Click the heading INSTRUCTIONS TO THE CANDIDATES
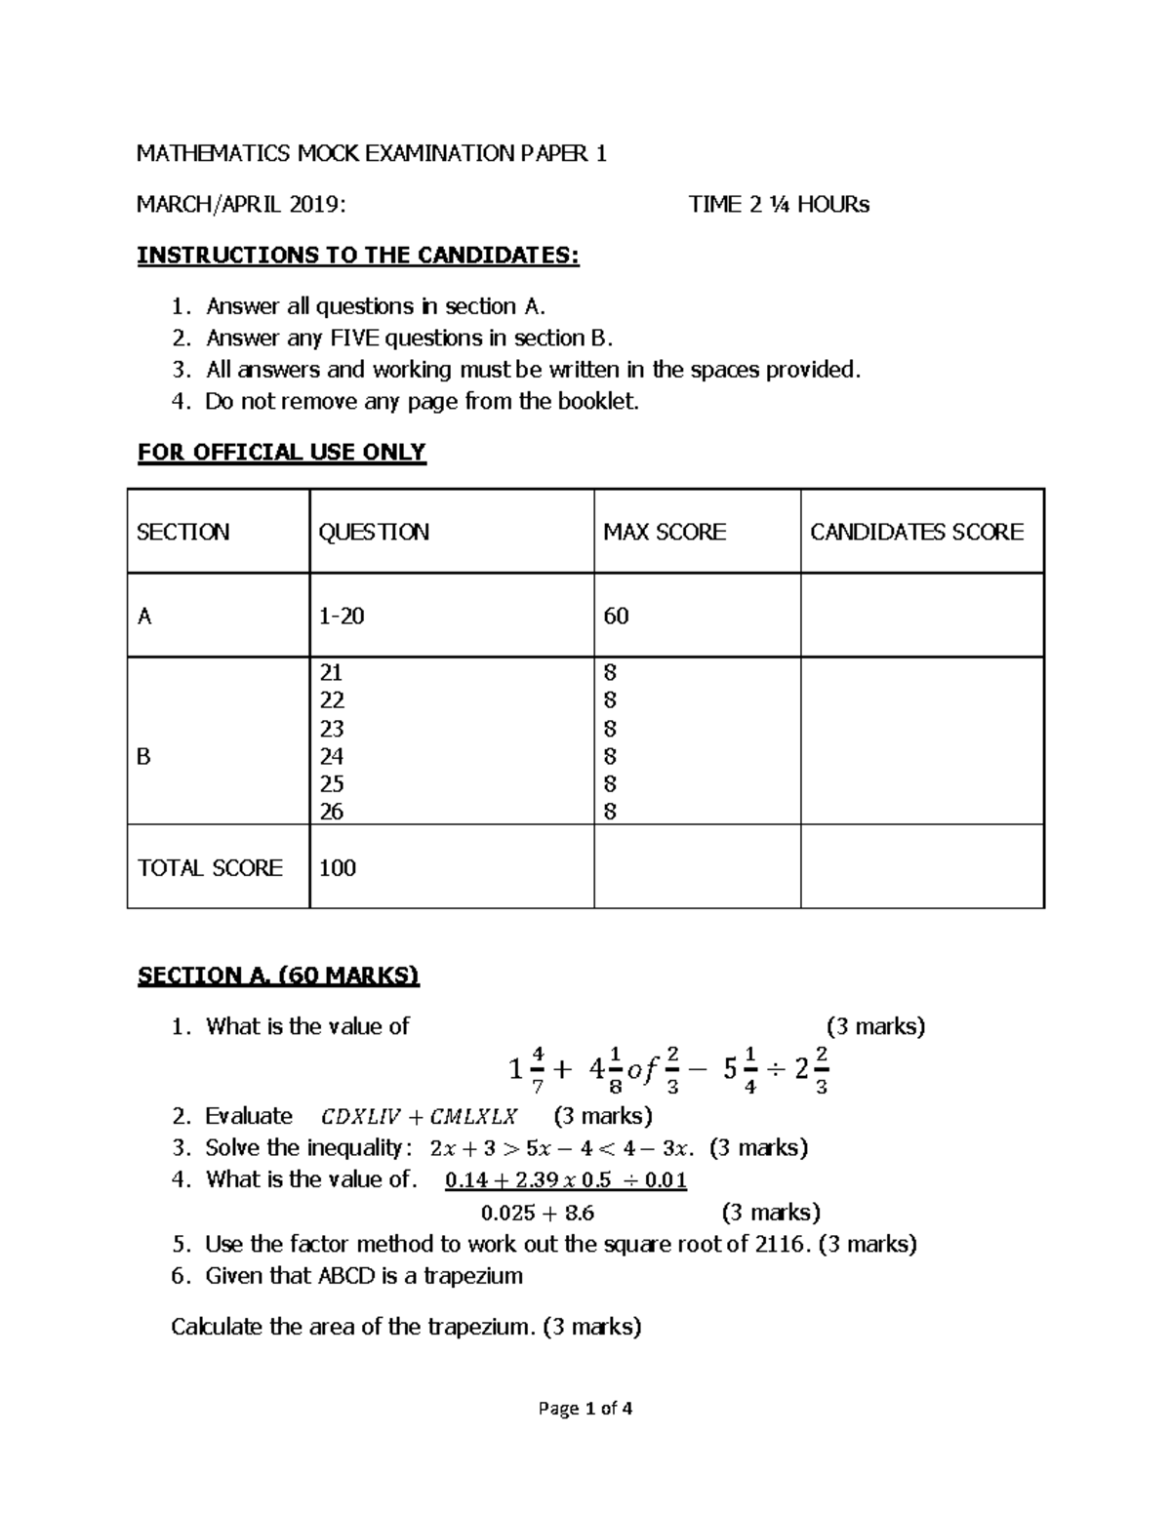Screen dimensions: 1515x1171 (x=357, y=256)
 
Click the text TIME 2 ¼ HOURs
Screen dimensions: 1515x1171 (x=779, y=205)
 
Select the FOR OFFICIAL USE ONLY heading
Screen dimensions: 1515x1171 (x=281, y=453)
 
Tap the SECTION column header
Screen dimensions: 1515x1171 (x=183, y=532)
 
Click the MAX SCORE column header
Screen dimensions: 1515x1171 (x=665, y=532)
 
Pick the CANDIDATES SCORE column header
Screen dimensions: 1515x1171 (x=916, y=532)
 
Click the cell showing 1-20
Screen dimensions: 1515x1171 (x=342, y=616)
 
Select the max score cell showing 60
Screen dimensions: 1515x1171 (x=616, y=616)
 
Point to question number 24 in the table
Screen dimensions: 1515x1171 (x=332, y=756)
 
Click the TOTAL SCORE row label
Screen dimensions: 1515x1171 (x=210, y=867)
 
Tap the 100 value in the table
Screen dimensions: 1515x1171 (x=338, y=867)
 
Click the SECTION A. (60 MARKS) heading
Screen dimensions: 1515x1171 (x=278, y=976)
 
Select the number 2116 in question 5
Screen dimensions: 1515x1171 (x=783, y=1244)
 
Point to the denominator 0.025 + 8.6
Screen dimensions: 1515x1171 (x=538, y=1214)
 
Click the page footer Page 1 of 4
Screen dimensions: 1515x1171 (x=585, y=1409)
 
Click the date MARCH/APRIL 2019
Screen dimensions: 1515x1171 (x=240, y=205)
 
